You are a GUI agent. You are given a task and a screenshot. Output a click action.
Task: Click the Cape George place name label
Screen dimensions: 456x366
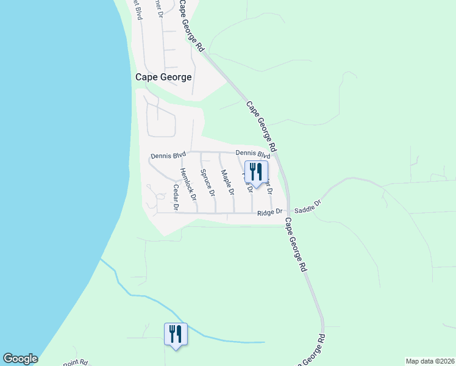(163, 77)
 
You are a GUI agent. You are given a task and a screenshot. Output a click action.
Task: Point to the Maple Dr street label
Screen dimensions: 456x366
(228, 182)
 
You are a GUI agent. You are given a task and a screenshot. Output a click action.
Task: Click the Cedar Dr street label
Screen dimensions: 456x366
(175, 198)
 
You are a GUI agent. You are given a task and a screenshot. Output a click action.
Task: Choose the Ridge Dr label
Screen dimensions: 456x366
(271, 212)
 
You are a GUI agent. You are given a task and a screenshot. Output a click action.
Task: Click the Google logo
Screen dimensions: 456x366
(20, 359)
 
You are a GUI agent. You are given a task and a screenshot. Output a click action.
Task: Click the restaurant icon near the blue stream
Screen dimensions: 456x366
(176, 334)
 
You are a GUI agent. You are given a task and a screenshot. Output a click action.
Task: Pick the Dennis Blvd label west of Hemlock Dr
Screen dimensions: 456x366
(168, 156)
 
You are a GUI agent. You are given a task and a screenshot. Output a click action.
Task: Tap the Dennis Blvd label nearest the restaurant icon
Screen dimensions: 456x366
(252, 154)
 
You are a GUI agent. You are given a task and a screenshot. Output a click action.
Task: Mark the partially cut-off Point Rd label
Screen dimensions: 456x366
(76, 362)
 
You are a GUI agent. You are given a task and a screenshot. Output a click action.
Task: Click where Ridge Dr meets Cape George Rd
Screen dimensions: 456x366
(288, 213)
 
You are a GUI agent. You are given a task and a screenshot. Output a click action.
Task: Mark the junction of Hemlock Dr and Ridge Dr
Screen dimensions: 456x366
(197, 213)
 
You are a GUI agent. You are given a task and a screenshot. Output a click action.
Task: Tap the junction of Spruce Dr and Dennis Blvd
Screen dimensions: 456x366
(201, 152)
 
